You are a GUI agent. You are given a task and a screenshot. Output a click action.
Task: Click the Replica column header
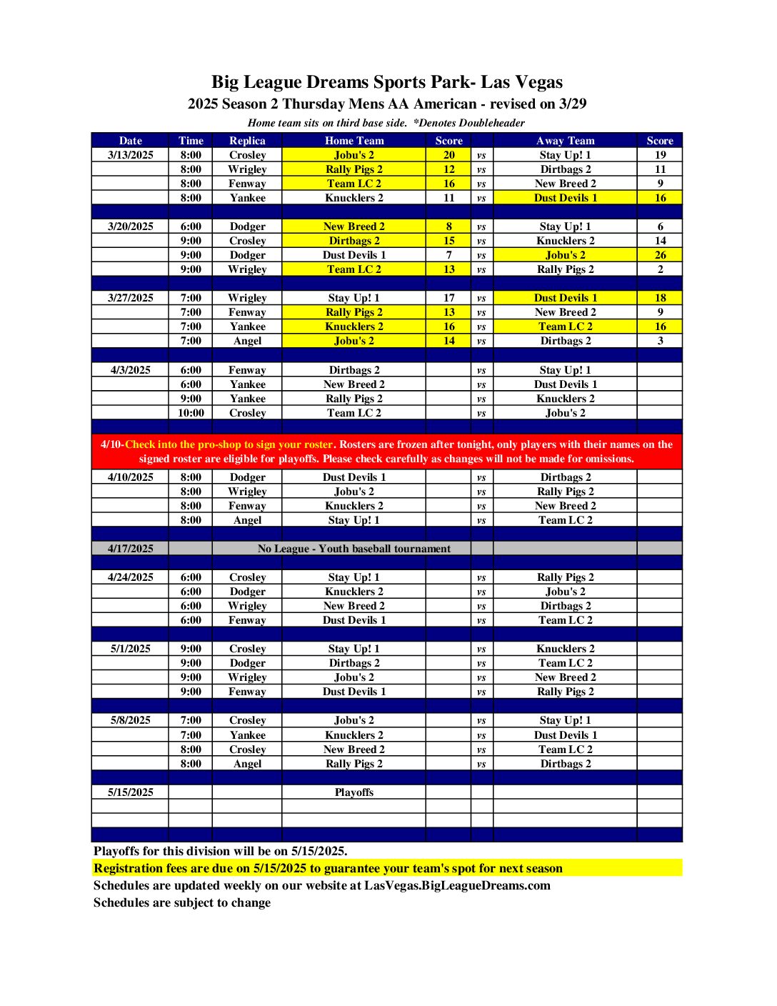click(x=247, y=141)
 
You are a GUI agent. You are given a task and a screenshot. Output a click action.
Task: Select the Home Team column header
click(x=354, y=141)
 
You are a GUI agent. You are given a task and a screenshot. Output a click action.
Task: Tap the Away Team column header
click(x=565, y=141)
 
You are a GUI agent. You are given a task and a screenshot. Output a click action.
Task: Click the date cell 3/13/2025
click(x=131, y=155)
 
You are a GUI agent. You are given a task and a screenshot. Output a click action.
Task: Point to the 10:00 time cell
click(x=191, y=413)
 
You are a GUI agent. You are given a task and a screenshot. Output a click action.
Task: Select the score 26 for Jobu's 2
click(x=660, y=255)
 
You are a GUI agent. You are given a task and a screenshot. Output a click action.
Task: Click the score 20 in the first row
click(x=448, y=155)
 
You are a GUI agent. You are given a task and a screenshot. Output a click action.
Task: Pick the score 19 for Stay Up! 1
click(x=660, y=155)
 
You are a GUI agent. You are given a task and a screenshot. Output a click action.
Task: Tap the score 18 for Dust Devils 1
click(x=660, y=298)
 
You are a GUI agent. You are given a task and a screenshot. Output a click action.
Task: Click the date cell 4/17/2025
click(x=131, y=549)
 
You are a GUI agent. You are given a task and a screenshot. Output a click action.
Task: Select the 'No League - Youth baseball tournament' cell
click(x=354, y=549)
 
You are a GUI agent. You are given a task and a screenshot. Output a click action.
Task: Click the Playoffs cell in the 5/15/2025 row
click(x=354, y=792)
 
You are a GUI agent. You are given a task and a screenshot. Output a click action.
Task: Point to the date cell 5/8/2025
click(x=131, y=720)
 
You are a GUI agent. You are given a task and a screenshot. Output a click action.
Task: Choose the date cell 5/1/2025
click(x=131, y=649)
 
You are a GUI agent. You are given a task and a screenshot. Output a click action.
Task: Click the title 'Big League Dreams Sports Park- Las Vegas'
click(x=387, y=82)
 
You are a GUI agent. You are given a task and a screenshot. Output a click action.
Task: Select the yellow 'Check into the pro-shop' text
click(x=229, y=444)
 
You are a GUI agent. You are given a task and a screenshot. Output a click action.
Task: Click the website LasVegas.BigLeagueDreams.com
click(x=457, y=885)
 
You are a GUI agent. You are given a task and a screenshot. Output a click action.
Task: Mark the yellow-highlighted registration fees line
click(x=329, y=868)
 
